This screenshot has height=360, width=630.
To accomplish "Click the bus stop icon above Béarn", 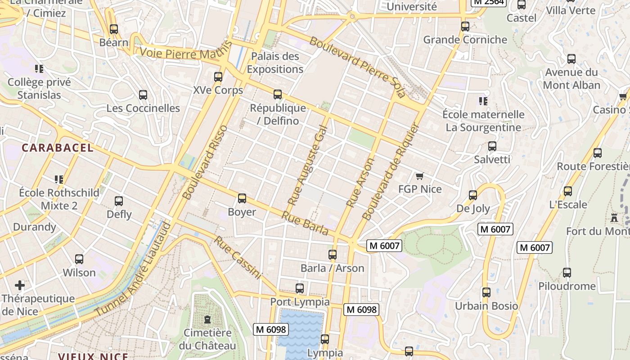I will click(x=113, y=29).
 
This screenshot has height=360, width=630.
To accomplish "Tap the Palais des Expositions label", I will click(x=275, y=63).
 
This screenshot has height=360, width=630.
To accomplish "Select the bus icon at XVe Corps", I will click(x=218, y=77).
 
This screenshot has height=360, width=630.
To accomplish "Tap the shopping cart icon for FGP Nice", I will click(x=420, y=176).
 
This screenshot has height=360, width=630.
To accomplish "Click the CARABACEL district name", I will click(x=58, y=148).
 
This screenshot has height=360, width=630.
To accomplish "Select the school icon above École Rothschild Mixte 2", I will click(x=58, y=180).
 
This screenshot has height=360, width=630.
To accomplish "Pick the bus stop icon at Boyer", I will click(x=242, y=198).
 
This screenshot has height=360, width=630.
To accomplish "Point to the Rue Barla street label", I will click(x=305, y=223).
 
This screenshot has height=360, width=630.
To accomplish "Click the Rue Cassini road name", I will click(x=237, y=257).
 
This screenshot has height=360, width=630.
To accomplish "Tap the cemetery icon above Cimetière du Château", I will click(x=207, y=319).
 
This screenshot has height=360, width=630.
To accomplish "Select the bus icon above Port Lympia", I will click(x=300, y=288).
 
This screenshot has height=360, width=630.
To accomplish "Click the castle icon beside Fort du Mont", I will click(x=614, y=218).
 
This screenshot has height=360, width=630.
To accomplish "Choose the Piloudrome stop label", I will click(x=567, y=286).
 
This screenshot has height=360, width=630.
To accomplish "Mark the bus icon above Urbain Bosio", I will click(x=486, y=292).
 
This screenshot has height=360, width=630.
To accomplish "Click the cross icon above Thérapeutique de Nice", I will click(x=20, y=285).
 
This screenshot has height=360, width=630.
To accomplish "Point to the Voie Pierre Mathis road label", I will click(x=185, y=50).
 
